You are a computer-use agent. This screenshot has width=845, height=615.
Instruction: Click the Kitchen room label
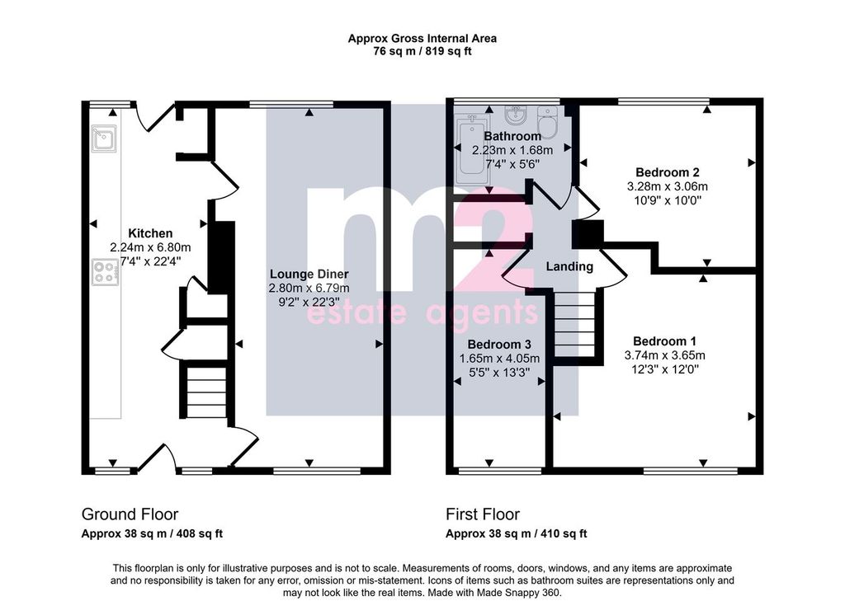[x=150, y=233]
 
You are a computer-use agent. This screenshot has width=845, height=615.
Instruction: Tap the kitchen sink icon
[x=103, y=138]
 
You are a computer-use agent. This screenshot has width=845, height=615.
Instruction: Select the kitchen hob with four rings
[x=105, y=272]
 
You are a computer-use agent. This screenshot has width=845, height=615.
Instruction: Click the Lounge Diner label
[x=309, y=274]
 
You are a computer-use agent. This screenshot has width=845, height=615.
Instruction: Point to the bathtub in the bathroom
[x=472, y=151]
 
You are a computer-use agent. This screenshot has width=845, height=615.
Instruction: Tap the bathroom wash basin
[x=516, y=115]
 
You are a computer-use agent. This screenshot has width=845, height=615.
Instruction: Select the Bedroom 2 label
[x=667, y=172]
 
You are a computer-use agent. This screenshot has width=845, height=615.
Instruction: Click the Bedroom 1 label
[x=664, y=341]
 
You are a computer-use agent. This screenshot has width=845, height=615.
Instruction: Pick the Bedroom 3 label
[x=499, y=344]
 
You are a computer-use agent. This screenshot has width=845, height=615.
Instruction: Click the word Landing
[x=569, y=266]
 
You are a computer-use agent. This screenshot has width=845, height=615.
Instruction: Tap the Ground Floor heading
[x=130, y=514]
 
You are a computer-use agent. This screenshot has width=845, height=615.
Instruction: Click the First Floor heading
[x=482, y=514]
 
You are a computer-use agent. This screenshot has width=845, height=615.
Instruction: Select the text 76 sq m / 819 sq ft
[x=422, y=52]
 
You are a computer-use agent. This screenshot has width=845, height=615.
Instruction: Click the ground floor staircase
[x=205, y=392]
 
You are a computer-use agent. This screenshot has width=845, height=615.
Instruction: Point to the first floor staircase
[x=574, y=324]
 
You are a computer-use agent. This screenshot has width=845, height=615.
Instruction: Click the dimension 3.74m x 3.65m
[x=664, y=355]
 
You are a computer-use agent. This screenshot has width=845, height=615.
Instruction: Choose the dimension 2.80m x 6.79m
[x=309, y=289]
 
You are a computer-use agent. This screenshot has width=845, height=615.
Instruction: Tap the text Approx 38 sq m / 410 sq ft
[x=517, y=533]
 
